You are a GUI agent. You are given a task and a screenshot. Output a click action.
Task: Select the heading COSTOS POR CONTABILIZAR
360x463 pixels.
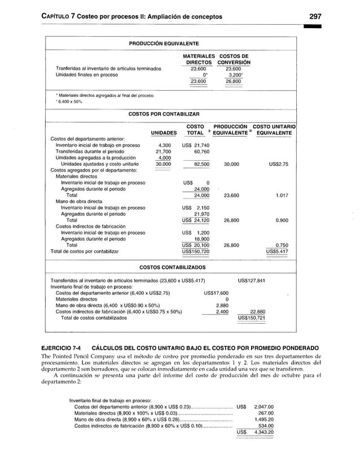point(164,113)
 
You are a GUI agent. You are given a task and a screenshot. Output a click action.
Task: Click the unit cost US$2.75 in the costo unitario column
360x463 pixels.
point(279,164)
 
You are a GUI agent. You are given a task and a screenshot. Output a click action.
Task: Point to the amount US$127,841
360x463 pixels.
point(252,280)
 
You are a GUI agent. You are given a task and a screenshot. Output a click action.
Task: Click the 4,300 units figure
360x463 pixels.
point(164,145)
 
